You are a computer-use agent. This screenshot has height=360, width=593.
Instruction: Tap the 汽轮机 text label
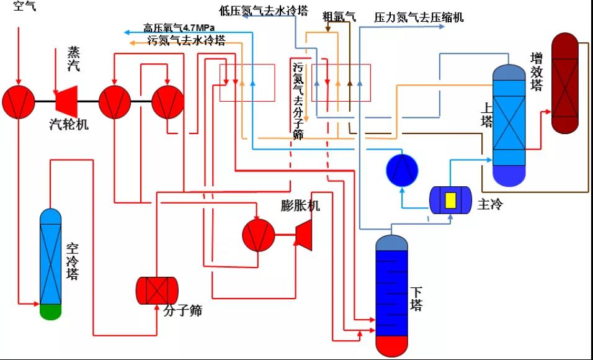(x=68, y=124)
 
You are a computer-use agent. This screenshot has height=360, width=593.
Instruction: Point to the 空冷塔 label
(x=73, y=261)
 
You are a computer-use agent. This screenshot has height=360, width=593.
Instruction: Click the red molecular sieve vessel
(x=157, y=290)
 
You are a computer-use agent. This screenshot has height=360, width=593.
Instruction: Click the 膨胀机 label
(x=300, y=206)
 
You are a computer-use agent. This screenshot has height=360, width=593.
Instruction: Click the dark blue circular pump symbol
(x=402, y=169)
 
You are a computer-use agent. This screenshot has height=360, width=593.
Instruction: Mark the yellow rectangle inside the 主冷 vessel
(x=451, y=200)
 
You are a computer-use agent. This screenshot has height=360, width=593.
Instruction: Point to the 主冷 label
(x=490, y=204)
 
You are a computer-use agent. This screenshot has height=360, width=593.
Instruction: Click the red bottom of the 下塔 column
(x=392, y=344)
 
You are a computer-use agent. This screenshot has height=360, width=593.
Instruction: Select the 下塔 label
(x=416, y=298)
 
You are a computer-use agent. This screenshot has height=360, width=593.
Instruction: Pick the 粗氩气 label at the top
(x=339, y=17)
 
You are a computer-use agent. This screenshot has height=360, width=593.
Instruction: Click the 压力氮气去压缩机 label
(x=418, y=18)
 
